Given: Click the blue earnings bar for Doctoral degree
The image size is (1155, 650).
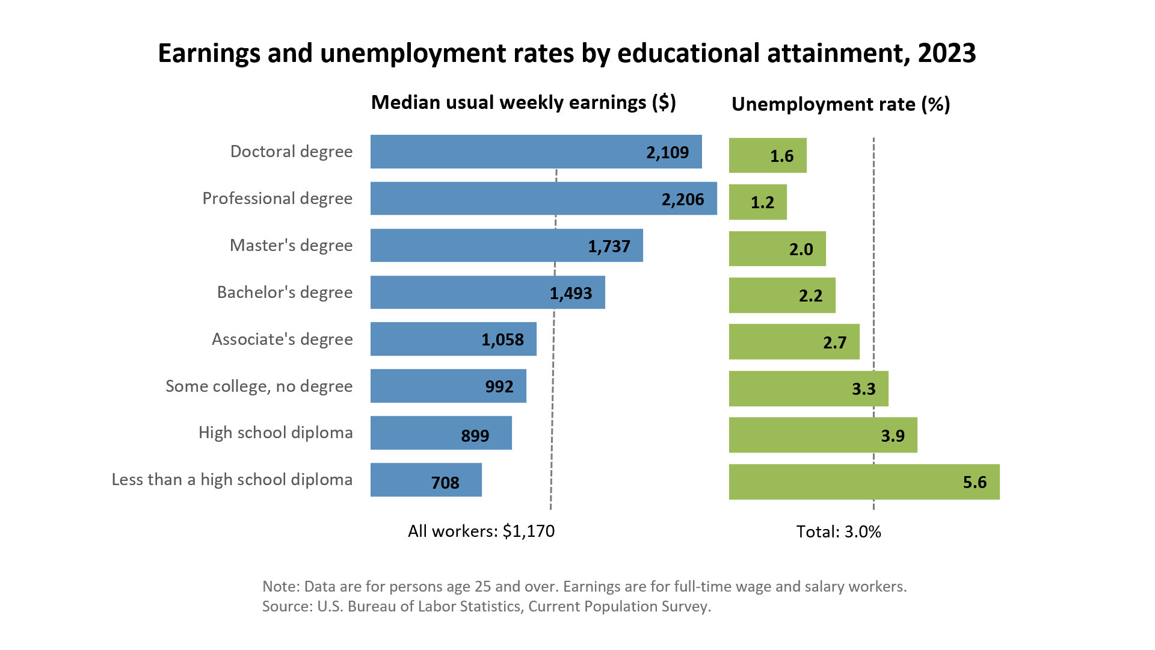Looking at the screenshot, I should click(505, 152).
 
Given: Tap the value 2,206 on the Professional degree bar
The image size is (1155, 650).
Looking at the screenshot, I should click(682, 199).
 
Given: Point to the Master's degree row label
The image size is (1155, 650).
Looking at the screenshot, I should click(291, 246).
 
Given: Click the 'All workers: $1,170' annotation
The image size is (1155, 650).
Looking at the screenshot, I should click(481, 531).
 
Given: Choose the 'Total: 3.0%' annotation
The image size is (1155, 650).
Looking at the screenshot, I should click(839, 531).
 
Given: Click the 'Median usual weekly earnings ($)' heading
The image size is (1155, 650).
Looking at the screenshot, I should click(523, 102).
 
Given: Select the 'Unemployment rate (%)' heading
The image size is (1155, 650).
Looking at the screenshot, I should click(840, 104).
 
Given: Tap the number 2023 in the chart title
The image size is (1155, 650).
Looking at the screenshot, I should click(947, 53).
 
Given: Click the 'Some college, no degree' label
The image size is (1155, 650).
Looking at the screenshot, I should click(259, 386).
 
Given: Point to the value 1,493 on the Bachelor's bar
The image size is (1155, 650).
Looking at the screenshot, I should click(570, 293).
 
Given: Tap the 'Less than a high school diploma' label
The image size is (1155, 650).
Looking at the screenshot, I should click(232, 480).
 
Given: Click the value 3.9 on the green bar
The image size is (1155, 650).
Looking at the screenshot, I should click(893, 436).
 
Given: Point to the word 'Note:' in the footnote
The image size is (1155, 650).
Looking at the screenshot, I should click(280, 586).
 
